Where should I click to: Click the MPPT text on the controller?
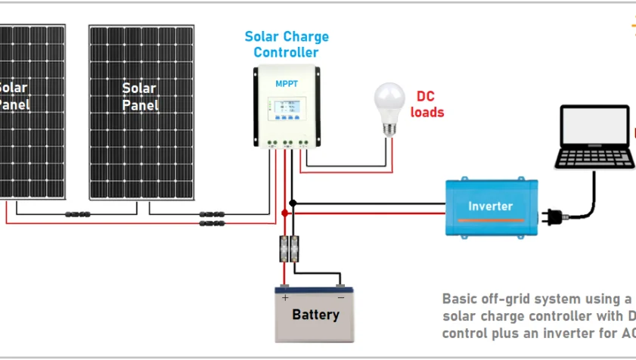287,83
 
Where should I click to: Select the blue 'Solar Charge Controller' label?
287,45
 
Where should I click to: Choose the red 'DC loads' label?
427,105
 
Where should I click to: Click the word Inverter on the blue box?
490,206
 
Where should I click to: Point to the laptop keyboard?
594,158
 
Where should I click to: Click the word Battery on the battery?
315,315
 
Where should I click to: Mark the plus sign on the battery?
286,298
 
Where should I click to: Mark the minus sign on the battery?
341,298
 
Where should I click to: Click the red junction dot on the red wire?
285,213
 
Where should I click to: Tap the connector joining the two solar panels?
79,215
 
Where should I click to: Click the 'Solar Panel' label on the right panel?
140,97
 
